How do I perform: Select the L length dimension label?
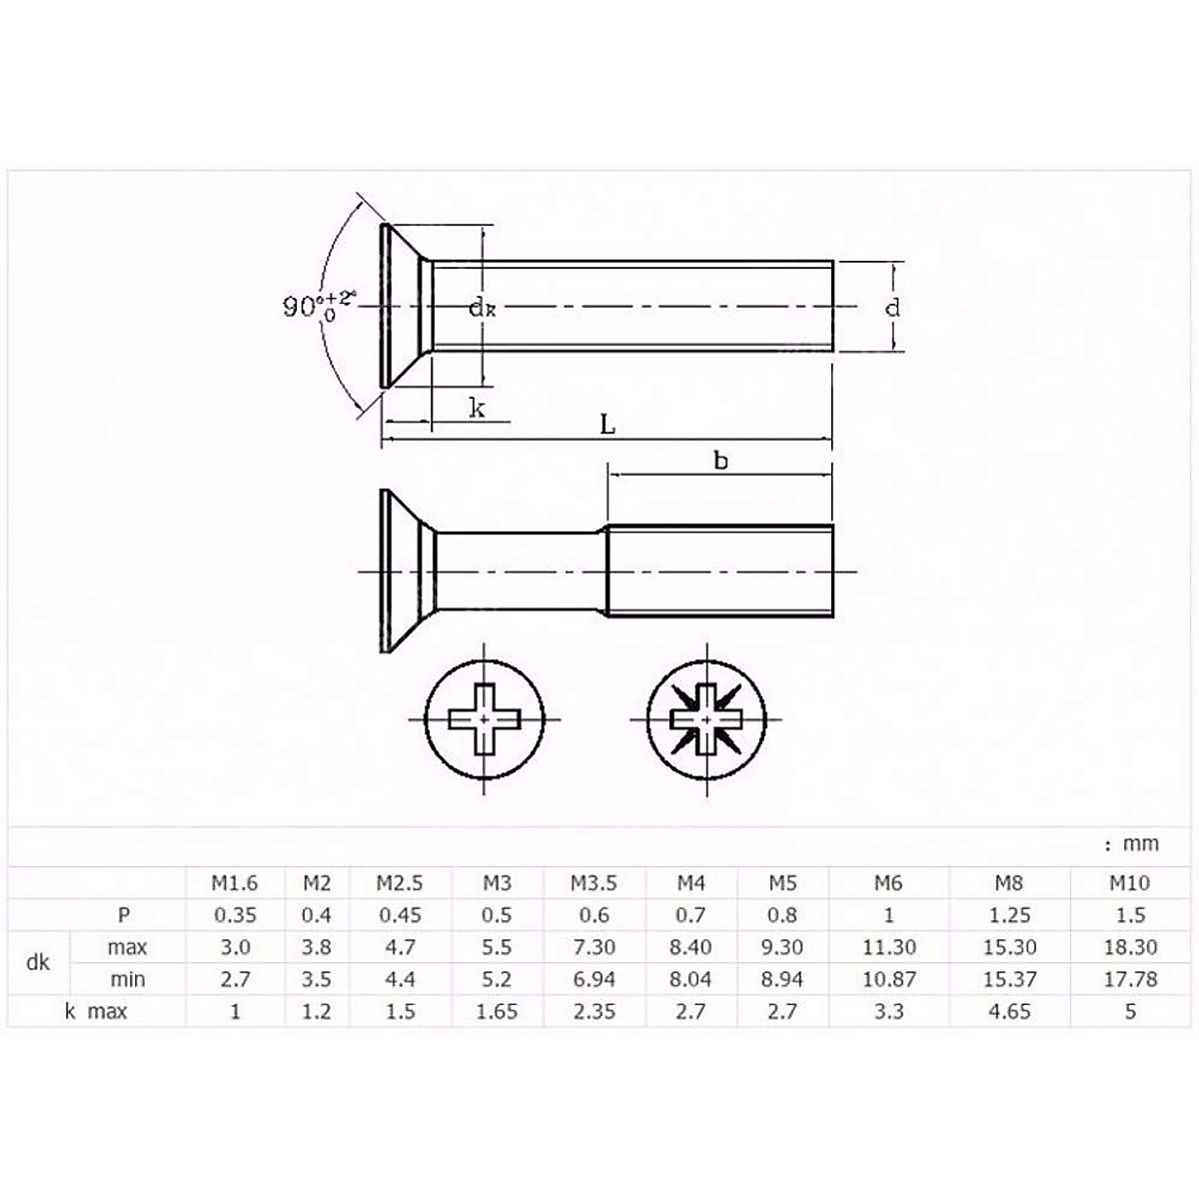coord(607,425)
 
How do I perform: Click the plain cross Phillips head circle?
coord(485,717)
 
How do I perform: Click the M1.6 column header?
coord(234,883)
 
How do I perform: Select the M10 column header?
coord(1129,883)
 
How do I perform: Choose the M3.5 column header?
coord(594,883)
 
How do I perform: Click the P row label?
coord(124,915)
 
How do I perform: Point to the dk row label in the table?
coord(38,963)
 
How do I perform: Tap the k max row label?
coord(96,1011)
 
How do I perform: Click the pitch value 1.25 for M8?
coord(1009,915)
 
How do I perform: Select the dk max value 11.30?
coord(888,947)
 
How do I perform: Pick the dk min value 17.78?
coord(1130,979)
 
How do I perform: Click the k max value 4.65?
coord(1009,1011)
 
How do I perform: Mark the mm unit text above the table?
coord(1133,843)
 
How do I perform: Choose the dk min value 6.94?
coord(594,979)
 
